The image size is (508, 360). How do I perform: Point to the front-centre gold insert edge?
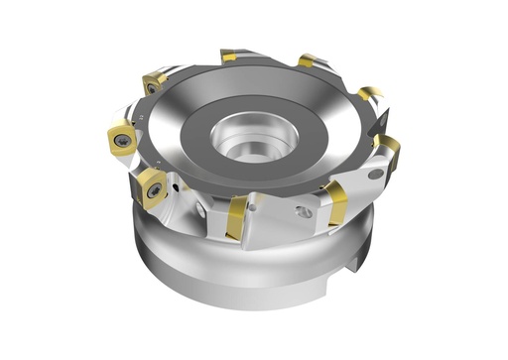click(235, 216)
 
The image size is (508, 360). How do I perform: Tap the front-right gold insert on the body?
click(334, 203)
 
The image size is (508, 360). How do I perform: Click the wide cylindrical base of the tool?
click(248, 278)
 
